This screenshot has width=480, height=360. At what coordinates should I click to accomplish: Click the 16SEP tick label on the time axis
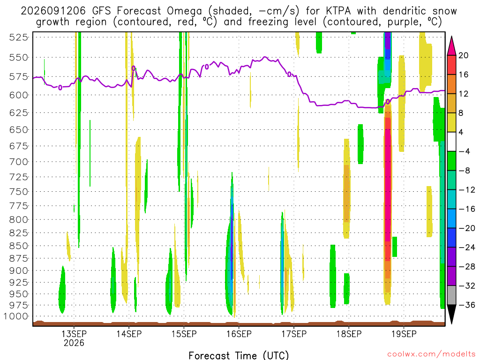pyautogui.click(x=239, y=334)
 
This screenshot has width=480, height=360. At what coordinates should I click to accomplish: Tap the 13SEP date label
pyautogui.click(x=74, y=334)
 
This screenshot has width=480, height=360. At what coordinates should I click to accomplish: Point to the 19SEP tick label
pyautogui.click(x=404, y=334)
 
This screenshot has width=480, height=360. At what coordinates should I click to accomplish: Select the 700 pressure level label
pyautogui.click(x=19, y=162)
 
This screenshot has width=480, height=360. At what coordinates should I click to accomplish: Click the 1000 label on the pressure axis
pyautogui.click(x=16, y=316)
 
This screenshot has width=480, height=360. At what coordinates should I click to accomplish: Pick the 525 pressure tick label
pyautogui.click(x=19, y=37)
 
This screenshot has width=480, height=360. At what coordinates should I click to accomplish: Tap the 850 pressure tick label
pyautogui.click(x=19, y=246)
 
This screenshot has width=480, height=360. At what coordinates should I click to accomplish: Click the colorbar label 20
pyautogui.click(x=464, y=55)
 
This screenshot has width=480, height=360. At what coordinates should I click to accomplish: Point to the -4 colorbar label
pyautogui.click(x=464, y=151)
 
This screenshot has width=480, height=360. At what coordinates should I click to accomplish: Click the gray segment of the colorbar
pyautogui.click(x=451, y=295)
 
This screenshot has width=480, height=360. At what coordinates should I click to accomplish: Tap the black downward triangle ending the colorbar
pyautogui.click(x=451, y=314)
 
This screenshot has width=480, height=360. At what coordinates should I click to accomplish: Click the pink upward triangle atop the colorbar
pyautogui.click(x=451, y=46)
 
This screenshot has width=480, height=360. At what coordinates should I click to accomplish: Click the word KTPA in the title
pyautogui.click(x=338, y=11)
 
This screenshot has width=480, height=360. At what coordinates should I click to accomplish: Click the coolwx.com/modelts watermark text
pyautogui.click(x=431, y=354)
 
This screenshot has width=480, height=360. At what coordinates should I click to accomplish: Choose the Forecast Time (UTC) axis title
pyautogui.click(x=239, y=355)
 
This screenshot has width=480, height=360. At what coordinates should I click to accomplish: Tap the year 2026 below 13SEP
pyautogui.click(x=74, y=343)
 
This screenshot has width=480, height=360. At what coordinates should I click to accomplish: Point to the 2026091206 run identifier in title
pyautogui.click(x=53, y=11)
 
